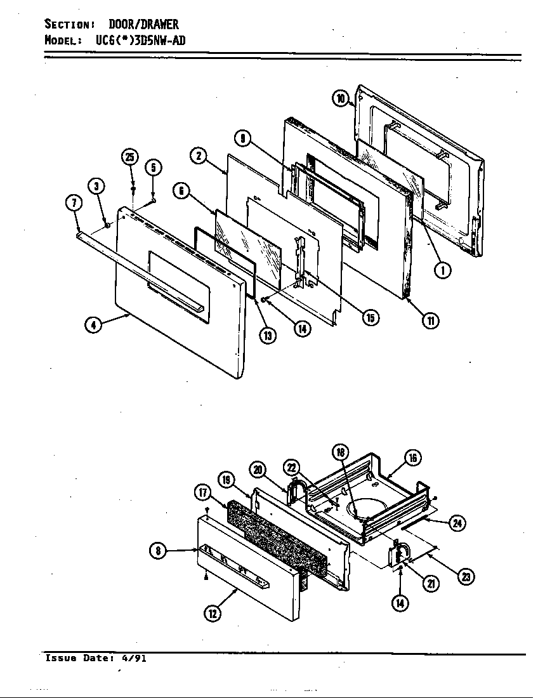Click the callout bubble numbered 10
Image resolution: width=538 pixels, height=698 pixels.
click(341, 98)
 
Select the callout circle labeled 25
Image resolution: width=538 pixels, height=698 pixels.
click(130, 157)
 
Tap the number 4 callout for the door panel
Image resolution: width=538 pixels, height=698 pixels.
click(93, 326)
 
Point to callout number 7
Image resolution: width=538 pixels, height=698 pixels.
click(74, 203)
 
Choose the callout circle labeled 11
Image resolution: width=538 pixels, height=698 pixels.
click(431, 320)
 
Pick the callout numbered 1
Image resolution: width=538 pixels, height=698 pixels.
click(443, 270)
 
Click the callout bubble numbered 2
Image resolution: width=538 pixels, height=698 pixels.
click(199, 155)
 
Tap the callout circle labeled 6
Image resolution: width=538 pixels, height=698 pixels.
click(181, 190)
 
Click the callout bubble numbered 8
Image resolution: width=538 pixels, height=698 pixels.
click(158, 551)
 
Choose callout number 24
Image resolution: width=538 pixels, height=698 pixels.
click(457, 523)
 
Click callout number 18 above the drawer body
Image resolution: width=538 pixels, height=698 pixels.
click(341, 452)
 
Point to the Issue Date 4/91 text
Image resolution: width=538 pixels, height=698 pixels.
click(96, 658)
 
